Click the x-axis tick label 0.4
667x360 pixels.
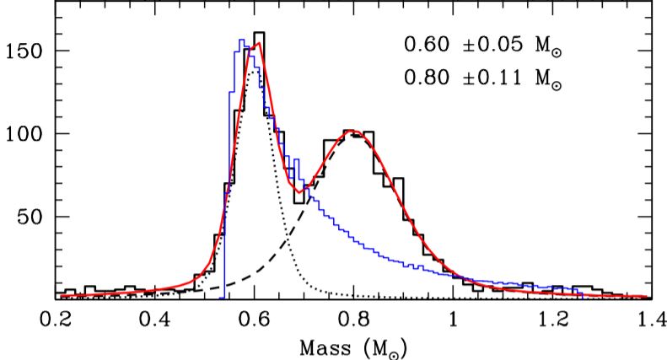(156, 321)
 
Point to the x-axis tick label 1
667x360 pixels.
(454, 321)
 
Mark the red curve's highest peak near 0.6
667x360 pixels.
(259, 44)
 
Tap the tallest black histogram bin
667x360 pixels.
(259, 34)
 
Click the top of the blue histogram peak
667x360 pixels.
(241, 40)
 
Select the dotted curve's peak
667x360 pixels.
(254, 70)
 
